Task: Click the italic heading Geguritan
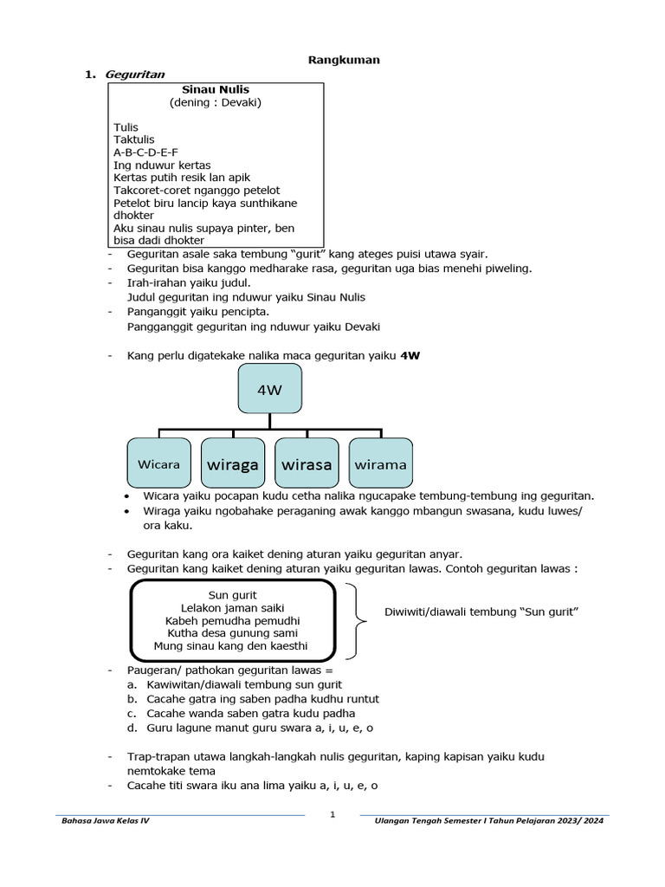[x=134, y=74]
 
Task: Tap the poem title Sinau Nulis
[x=216, y=89]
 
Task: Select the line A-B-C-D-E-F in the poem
[x=145, y=152]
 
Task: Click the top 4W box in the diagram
[x=269, y=390]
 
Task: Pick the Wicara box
[x=158, y=464]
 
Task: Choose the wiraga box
[x=233, y=464]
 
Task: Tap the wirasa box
[x=307, y=464]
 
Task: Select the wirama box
[x=380, y=464]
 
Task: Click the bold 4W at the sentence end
[x=410, y=356]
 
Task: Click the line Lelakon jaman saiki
[x=232, y=608]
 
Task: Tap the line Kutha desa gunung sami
[x=231, y=633]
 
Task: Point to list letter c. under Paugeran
[x=131, y=713]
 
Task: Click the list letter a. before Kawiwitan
[x=131, y=684]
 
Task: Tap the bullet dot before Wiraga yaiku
[x=127, y=511]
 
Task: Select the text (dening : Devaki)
[x=216, y=102]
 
